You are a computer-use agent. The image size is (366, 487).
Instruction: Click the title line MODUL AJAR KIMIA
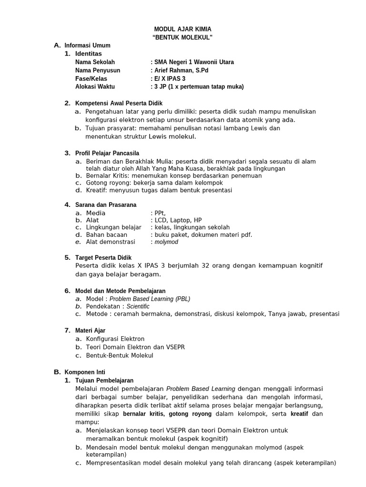[183, 29]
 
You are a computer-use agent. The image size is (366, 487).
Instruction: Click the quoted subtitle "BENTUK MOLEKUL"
[183, 38]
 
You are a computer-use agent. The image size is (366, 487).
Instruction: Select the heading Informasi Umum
[87, 46]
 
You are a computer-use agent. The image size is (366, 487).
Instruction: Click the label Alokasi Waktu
[95, 87]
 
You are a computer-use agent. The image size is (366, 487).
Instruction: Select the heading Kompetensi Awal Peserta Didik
[119, 103]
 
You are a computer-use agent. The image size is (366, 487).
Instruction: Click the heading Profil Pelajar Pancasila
[107, 153]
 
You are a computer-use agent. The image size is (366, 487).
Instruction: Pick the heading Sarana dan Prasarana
[106, 205]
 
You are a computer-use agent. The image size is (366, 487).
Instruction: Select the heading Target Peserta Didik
[104, 258]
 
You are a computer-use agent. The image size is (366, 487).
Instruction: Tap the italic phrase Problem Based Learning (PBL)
[150, 299]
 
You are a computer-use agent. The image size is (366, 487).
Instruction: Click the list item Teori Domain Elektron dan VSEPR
[135, 347]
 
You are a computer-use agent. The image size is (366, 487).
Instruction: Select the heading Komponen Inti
[85, 372]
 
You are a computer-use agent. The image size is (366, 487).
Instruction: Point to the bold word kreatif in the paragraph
[300, 414]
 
